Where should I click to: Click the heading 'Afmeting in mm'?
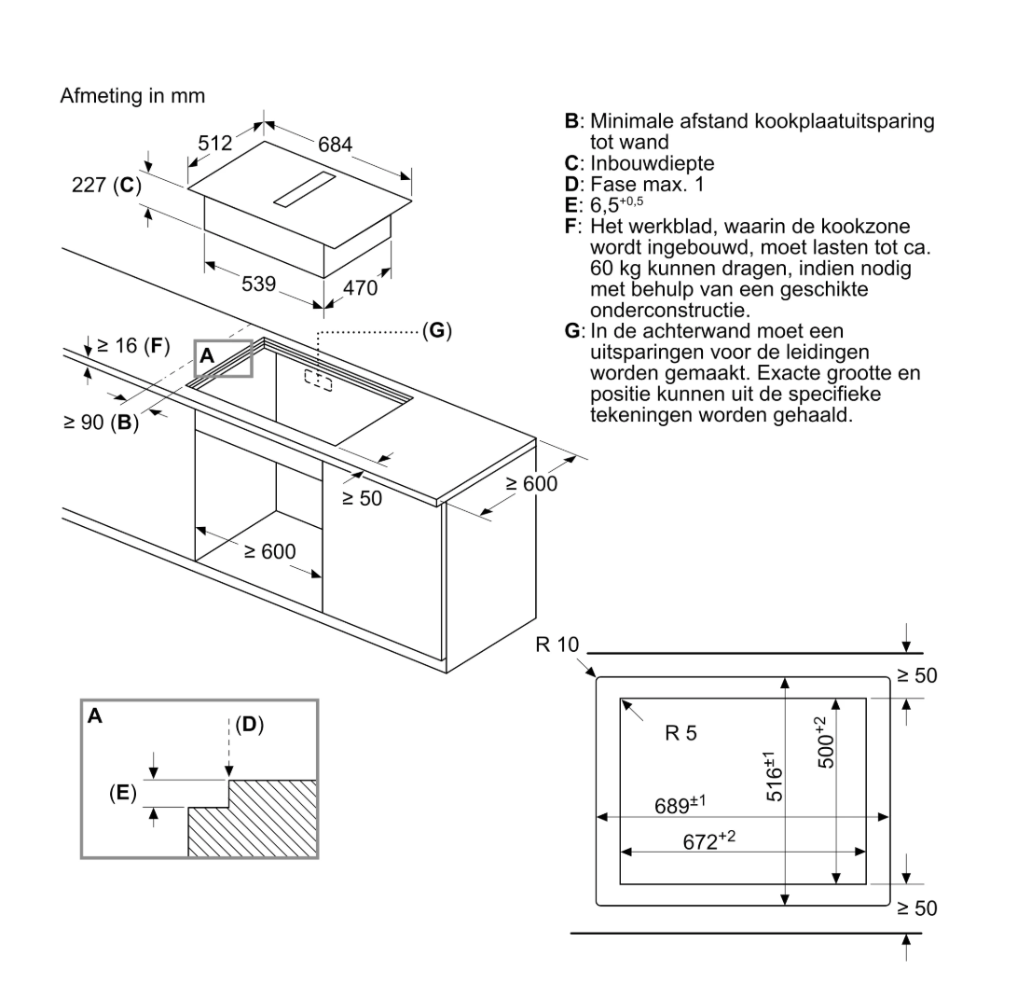click(132, 96)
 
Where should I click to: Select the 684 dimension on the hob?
click(335, 145)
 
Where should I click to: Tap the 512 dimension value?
click(215, 143)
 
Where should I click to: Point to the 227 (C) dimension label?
click(106, 185)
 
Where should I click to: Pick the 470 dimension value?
click(360, 288)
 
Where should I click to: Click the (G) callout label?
click(436, 331)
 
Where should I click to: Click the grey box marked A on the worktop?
click(224, 358)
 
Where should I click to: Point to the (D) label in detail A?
click(248, 724)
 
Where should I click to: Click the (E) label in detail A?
click(123, 793)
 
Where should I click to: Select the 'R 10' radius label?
click(557, 645)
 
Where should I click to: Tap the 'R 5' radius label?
click(680, 733)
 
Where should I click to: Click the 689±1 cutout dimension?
click(680, 805)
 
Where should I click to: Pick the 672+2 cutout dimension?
click(709, 840)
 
